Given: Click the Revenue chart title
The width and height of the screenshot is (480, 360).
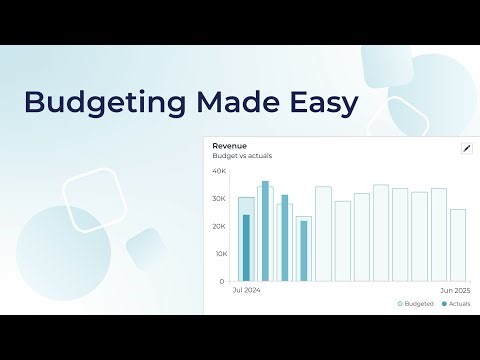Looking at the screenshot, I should click(x=230, y=146).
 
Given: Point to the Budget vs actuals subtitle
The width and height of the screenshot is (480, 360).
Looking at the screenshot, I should click(x=242, y=156).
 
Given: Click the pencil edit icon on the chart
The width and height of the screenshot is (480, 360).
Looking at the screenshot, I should click(x=465, y=148).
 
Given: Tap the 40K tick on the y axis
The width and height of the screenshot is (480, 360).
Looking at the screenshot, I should click(x=219, y=171).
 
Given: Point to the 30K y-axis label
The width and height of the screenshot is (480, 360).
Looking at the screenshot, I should click(x=219, y=199).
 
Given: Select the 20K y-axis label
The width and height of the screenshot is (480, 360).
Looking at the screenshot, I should click(x=219, y=226).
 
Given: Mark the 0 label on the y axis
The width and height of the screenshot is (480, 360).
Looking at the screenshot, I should click(x=222, y=281).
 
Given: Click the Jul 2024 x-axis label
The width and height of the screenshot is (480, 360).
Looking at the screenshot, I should click(x=246, y=290).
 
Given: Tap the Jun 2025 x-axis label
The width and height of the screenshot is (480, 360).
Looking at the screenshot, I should click(x=456, y=290).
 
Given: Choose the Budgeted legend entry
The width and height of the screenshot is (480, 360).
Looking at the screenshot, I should click(x=415, y=303).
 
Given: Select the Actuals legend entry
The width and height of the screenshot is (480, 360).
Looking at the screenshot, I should click(x=456, y=303).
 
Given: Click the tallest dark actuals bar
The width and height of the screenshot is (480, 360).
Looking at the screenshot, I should click(x=265, y=231).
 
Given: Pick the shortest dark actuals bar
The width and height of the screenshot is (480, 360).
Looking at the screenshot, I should click(x=304, y=251).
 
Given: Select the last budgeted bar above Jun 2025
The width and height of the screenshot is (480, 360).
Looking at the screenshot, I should click(x=458, y=245).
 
